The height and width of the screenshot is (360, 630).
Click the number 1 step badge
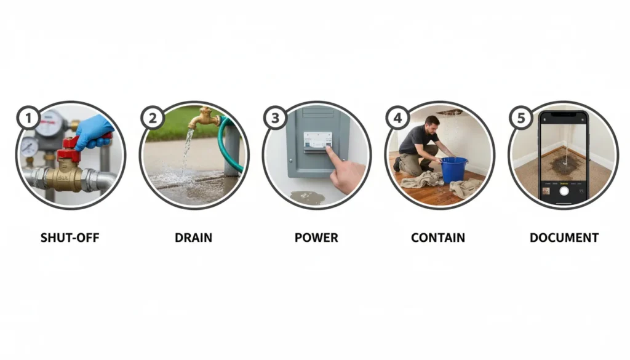28,117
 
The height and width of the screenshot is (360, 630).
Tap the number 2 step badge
151,117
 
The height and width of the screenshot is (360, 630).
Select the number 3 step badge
275,117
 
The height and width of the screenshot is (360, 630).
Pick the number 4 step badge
397,117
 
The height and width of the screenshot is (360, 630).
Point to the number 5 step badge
520,117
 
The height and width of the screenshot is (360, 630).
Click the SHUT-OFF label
71,238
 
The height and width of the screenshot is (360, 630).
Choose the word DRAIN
193,238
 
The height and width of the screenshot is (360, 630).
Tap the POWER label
317,238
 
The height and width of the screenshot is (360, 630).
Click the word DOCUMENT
564,238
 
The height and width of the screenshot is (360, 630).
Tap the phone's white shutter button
564,191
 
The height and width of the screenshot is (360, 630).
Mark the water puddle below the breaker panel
308,197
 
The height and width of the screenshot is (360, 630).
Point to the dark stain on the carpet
564,165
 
